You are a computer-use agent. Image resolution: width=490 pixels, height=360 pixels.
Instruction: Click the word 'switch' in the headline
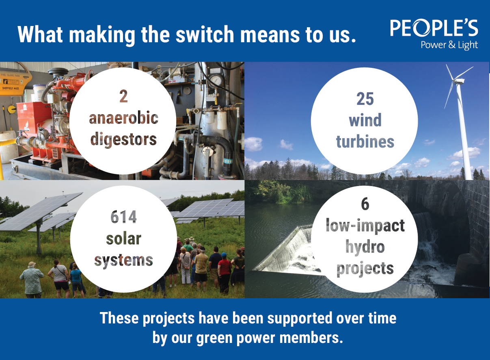205,35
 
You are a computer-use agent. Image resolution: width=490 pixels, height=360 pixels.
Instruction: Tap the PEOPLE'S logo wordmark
434,28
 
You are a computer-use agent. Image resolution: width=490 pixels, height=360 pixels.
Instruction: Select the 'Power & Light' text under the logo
449,45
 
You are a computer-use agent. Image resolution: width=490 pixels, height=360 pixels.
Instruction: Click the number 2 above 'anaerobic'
123,97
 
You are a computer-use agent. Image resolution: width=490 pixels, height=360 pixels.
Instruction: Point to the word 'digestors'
123,140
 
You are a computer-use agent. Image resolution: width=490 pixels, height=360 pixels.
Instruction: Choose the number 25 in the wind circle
365,99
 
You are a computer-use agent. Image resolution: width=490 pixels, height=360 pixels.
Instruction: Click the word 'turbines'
365,142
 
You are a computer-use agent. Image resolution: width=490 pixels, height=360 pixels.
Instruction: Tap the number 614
123,217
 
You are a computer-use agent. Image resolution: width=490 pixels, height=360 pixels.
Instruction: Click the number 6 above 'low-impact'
365,204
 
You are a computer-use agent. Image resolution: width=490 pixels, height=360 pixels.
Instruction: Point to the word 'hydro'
365,247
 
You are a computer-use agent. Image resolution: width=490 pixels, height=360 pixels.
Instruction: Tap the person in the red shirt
224,271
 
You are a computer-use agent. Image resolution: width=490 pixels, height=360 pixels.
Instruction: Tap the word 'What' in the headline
40,35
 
